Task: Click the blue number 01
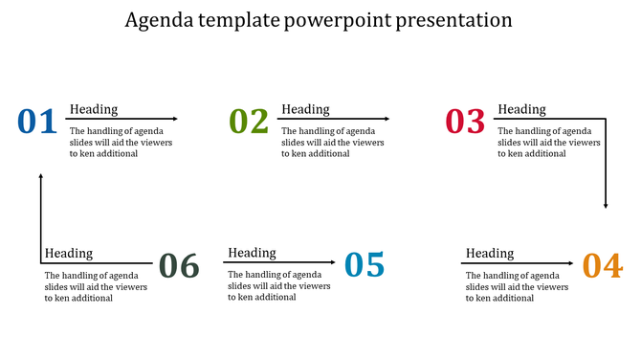(37, 122)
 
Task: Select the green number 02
(249, 122)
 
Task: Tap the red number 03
(466, 122)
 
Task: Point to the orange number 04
(603, 265)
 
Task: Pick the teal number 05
(364, 265)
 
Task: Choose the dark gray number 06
(179, 265)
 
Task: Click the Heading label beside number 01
(94, 109)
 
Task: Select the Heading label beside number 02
(305, 109)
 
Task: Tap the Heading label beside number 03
(521, 109)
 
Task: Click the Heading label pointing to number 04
(489, 254)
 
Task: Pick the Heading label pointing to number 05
(252, 253)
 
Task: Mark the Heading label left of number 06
(69, 254)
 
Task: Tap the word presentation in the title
(452, 20)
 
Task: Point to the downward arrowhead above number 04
(606, 204)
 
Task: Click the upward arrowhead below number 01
(41, 176)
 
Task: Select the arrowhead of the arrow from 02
(387, 119)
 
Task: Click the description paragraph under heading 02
(332, 143)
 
